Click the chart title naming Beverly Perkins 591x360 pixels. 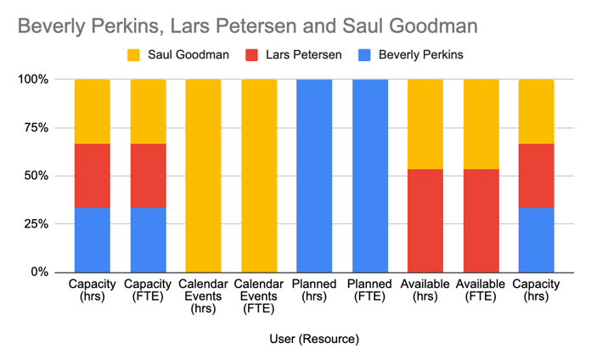(247, 25)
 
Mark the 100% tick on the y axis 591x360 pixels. (34, 80)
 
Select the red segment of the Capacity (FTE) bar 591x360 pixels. (148, 176)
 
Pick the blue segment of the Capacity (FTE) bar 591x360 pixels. (148, 239)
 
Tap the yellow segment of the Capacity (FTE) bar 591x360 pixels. (148, 111)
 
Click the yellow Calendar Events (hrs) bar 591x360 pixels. (203, 176)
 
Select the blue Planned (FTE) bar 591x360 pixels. (369, 176)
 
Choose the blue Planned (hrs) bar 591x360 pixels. (314, 176)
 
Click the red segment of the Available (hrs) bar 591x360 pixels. (425, 221)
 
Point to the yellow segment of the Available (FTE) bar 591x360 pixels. (481, 124)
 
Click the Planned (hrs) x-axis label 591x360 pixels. (314, 290)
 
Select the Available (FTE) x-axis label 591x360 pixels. (481, 290)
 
